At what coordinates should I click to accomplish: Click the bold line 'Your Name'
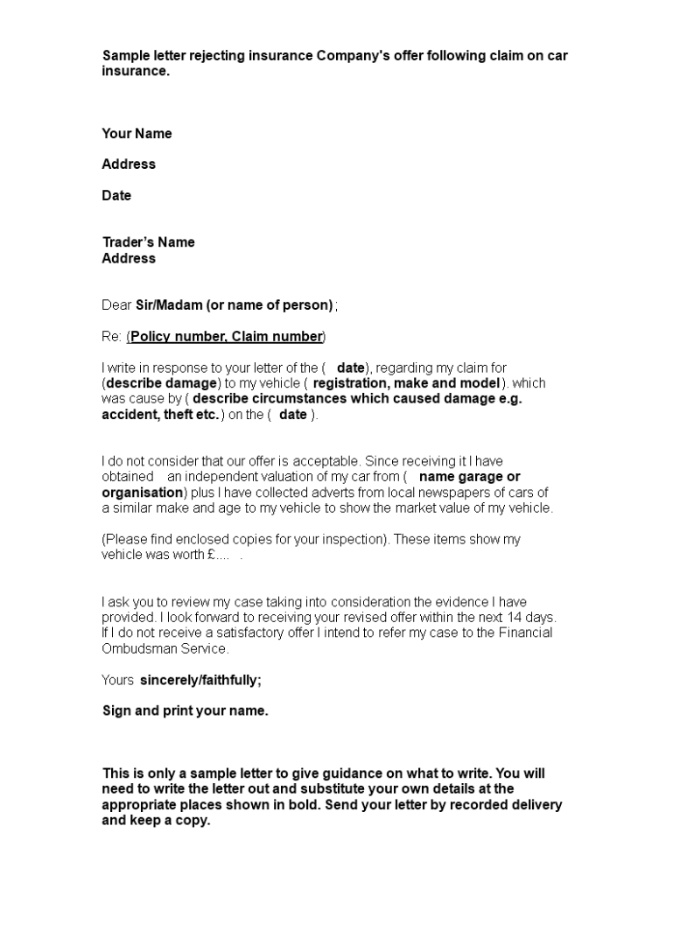[137, 134]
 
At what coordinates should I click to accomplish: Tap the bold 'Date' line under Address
[116, 196]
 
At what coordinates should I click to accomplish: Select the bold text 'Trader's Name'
[148, 242]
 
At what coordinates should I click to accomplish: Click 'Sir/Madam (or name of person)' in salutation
[234, 305]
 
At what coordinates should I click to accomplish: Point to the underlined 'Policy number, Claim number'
[227, 337]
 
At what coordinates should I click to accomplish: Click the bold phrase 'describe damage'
[160, 383]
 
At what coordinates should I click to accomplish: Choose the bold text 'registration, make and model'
[407, 383]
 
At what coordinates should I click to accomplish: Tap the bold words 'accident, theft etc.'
[160, 415]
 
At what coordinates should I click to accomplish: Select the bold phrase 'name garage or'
[470, 477]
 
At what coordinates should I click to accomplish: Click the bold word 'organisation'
[142, 493]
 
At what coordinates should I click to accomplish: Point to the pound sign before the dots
[212, 556]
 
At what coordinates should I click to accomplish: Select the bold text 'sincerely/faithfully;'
[200, 680]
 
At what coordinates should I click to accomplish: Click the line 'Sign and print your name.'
[186, 711]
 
